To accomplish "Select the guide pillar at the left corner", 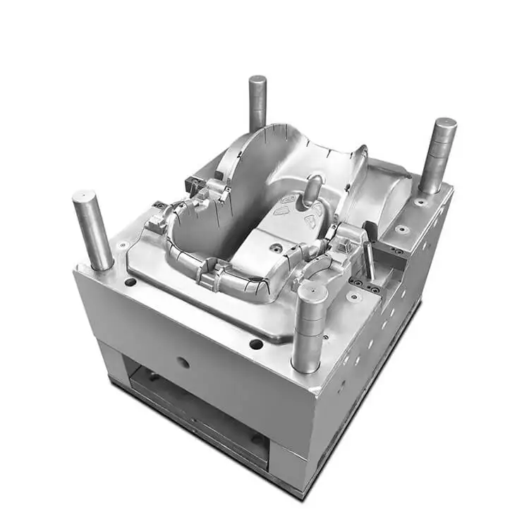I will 92,230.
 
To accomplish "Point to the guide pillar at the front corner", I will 309,328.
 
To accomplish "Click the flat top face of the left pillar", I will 85,195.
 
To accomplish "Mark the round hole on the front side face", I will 183,363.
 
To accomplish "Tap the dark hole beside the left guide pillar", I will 130,282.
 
